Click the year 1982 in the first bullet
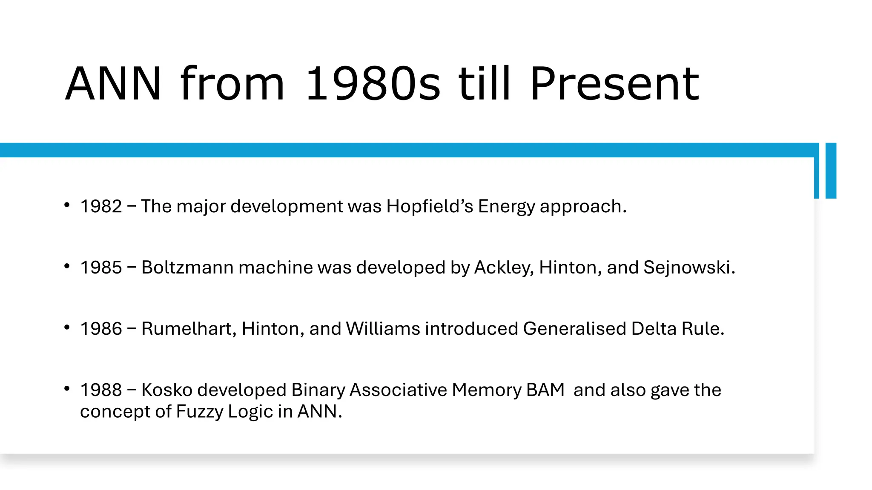pos(101,206)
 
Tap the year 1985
pos(101,268)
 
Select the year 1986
pos(101,329)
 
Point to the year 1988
pos(101,390)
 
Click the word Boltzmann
pos(187,268)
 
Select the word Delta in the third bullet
pos(654,329)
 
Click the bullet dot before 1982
pos(67,205)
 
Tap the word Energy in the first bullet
pos(506,206)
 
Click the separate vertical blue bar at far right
pos(831,171)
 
